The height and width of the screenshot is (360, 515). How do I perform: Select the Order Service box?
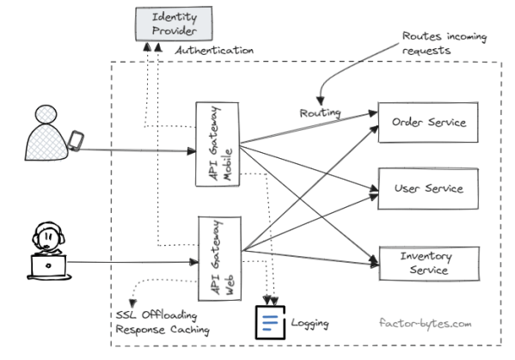pyautogui.click(x=428, y=123)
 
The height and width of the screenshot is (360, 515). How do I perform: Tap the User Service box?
pyautogui.click(x=428, y=188)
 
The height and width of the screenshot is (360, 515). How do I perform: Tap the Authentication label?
pyautogui.click(x=215, y=51)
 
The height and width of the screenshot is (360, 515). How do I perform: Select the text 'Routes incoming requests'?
pyautogui.click(x=444, y=43)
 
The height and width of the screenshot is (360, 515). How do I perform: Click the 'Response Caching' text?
pyautogui.click(x=162, y=330)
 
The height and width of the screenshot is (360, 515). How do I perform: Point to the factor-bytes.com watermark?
pyautogui.click(x=425, y=324)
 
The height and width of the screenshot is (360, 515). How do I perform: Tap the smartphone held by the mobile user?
pyautogui.click(x=76, y=141)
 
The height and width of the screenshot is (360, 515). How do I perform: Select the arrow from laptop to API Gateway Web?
pyautogui.click(x=129, y=263)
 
